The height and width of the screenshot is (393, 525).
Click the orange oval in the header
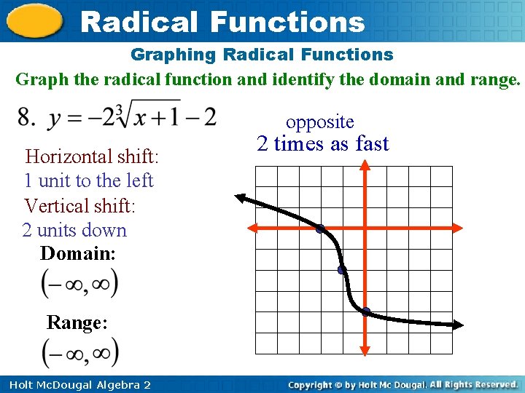pos(34,21)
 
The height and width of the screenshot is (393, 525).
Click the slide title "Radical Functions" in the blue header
pos(222,21)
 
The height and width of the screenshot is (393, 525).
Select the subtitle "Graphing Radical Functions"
pos(262,55)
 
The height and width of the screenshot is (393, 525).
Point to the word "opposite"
pos(319,122)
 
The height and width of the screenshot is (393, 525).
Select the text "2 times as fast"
pos(323,143)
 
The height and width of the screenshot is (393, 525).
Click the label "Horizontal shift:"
pos(92,156)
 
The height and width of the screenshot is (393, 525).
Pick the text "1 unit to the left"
pos(88,180)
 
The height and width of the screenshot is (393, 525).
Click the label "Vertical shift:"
pos(79,206)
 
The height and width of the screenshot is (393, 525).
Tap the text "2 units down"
pos(74,231)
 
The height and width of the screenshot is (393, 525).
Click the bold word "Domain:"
pos(78,254)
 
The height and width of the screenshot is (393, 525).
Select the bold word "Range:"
pos(77,322)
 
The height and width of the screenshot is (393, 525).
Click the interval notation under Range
pos(79,353)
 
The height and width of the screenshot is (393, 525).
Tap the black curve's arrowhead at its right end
pos(457,325)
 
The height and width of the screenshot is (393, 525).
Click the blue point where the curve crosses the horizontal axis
pos(319,229)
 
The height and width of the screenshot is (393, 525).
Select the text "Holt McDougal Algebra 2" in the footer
pos(76,384)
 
